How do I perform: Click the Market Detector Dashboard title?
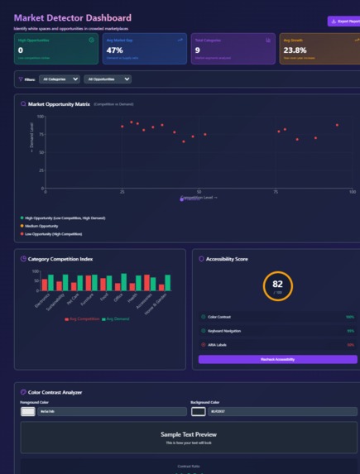click(x=72, y=17)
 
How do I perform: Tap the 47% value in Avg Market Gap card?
click(x=114, y=50)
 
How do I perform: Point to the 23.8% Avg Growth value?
click(x=295, y=50)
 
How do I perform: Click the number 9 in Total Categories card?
click(x=197, y=50)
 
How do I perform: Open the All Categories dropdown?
click(x=61, y=79)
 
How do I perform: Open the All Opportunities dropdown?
click(x=108, y=79)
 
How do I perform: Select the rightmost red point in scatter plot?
click(x=337, y=125)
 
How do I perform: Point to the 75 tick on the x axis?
click(x=276, y=191)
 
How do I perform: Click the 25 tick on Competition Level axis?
click(x=122, y=191)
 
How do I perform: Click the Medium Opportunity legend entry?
click(x=41, y=226)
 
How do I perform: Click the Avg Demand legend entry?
click(x=116, y=318)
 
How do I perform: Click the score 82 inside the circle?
click(x=277, y=285)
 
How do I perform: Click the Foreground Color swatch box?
click(x=28, y=410)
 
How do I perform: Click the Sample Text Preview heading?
click(x=189, y=433)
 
